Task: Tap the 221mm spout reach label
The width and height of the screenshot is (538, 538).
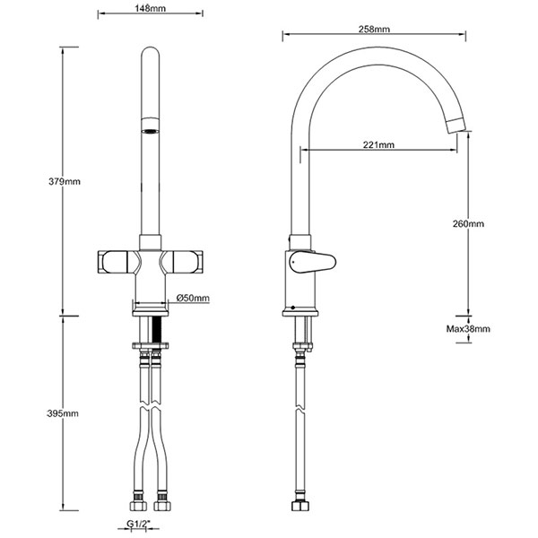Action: [x=380, y=143]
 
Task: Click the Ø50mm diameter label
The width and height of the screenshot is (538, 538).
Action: [x=193, y=297]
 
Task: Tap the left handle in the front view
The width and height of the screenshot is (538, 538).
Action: [x=115, y=262]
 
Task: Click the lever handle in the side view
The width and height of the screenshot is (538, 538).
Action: [x=312, y=262]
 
